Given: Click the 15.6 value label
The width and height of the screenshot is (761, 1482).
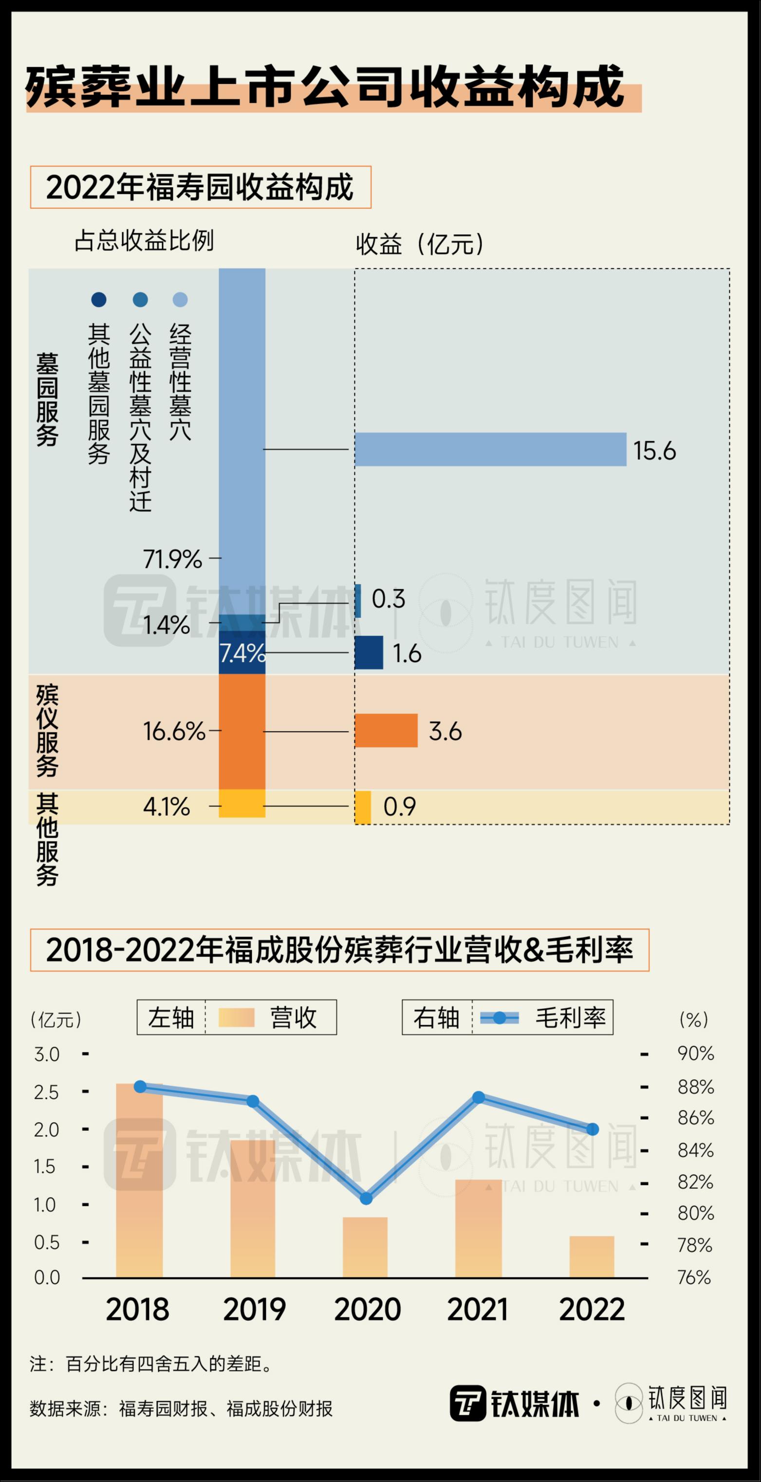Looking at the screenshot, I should tap(654, 450).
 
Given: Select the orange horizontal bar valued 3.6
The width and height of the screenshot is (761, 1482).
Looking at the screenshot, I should tap(386, 731).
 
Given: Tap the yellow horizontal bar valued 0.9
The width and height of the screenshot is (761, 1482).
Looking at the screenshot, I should tap(363, 807).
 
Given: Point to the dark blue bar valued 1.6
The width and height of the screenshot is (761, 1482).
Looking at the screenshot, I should tap(369, 653).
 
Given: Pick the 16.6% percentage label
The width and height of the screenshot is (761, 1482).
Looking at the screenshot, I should tap(174, 731).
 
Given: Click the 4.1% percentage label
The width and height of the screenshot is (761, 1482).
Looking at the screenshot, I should tap(166, 807).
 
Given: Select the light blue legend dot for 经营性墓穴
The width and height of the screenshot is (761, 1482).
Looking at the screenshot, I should tap(180, 300).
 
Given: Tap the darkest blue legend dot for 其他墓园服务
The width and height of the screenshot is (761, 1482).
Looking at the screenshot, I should tap(99, 300).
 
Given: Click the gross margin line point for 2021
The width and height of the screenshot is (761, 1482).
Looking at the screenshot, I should tap(479, 1097).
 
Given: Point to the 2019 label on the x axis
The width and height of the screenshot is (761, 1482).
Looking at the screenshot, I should tap(254, 1310).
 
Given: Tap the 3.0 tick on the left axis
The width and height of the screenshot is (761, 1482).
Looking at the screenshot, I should tap(47, 1054).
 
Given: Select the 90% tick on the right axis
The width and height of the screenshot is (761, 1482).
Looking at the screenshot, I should tap(695, 1053).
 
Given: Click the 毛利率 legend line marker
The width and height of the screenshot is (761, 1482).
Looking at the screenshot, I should tap(499, 1018).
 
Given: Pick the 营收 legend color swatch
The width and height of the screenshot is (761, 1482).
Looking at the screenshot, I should tap(237, 1018).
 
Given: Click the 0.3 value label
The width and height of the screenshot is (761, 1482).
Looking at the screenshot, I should tap(388, 599).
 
